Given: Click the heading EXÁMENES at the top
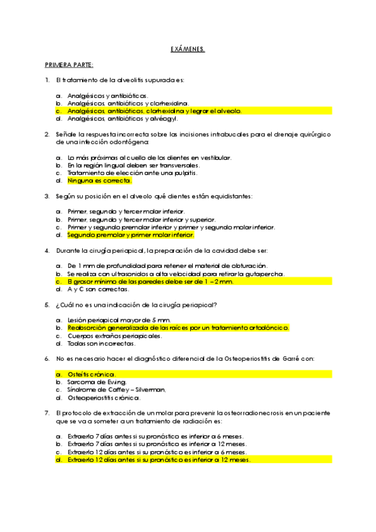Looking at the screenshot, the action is tap(188, 48).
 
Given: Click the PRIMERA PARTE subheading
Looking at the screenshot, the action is tap(69, 65).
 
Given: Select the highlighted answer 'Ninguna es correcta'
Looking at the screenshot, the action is tap(99, 180).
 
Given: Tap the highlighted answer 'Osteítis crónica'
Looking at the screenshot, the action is tap(91, 375).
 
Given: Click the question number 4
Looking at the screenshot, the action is tap(47, 250).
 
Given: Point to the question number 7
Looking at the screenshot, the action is tap(47, 413).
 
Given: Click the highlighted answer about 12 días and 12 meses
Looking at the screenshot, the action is tap(158, 460).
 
